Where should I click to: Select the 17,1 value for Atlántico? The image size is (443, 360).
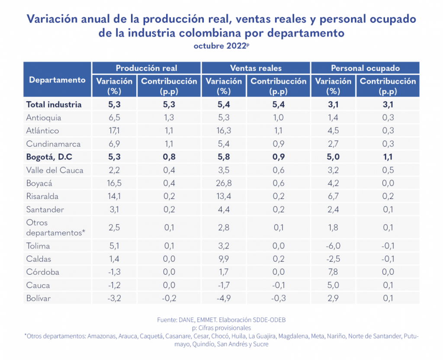[x=114, y=131]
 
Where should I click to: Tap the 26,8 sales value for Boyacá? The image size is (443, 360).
[x=224, y=183]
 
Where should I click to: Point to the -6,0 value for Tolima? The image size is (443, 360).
[x=333, y=246]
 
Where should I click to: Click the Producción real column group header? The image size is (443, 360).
[x=146, y=68]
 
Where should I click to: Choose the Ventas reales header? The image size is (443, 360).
[x=256, y=68]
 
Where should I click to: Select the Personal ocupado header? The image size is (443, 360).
[x=365, y=68]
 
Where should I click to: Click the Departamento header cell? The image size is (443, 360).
[x=57, y=80]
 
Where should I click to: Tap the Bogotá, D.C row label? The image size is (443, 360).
[x=49, y=157]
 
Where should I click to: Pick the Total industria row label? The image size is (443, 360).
[x=54, y=104]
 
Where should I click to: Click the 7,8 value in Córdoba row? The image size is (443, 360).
[x=333, y=272]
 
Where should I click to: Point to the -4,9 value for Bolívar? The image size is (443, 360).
[x=224, y=298]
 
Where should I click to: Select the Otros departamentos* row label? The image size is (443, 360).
[x=55, y=228]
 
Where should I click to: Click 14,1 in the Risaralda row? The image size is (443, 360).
[x=114, y=196]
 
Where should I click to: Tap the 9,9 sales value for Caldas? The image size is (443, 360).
[x=224, y=259]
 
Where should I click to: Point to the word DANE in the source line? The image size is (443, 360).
[x=187, y=320]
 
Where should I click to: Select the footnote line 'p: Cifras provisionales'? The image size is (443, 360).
[x=221, y=328]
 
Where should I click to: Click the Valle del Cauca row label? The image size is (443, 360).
[x=55, y=170]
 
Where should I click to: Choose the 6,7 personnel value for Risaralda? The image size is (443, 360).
[x=333, y=196]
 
